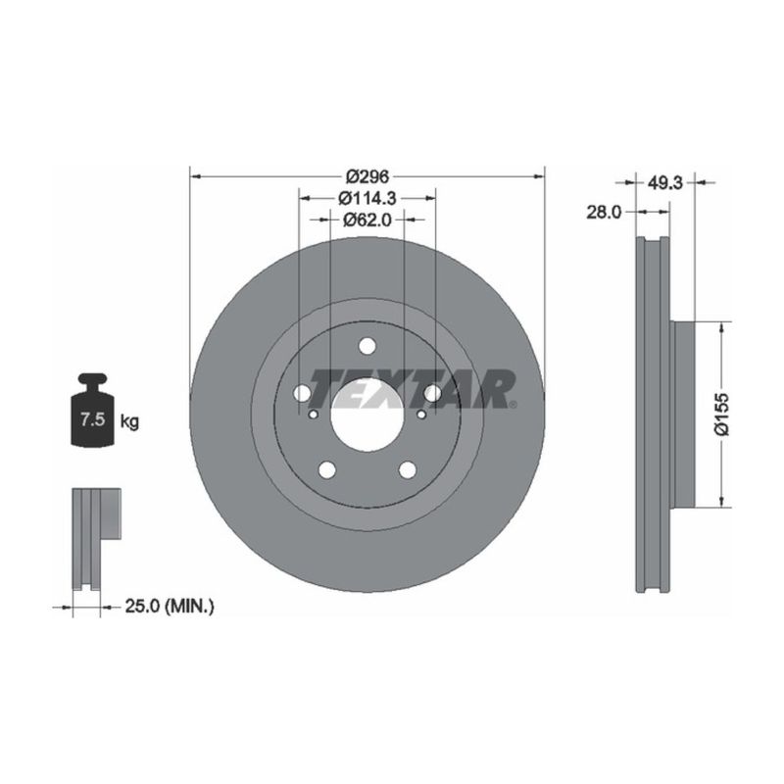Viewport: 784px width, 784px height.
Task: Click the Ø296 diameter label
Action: coord(367,176)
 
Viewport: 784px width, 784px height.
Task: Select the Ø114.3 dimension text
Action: coord(367,198)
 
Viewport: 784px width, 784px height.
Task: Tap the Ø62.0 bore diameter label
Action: coord(367,220)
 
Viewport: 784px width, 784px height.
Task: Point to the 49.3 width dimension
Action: coord(664,182)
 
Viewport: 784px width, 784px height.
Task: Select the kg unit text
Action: coord(129,422)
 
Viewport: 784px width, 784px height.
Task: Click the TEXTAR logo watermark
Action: coord(412,389)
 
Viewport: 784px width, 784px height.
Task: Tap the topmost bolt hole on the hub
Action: coord(367,346)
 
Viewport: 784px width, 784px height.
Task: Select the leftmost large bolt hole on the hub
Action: coord(303,394)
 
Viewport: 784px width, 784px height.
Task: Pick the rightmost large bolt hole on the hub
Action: coord(432,394)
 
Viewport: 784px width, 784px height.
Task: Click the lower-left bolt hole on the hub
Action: coord(327,469)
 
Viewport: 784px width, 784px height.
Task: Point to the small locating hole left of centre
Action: coord(313,415)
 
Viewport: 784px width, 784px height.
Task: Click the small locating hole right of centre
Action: coord(422,415)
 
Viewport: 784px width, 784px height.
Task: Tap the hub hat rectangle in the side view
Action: coord(683,414)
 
